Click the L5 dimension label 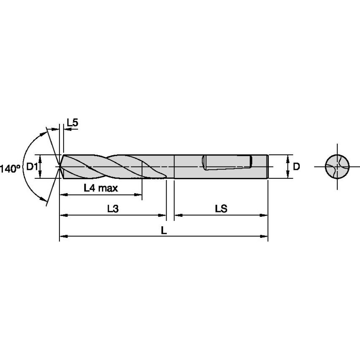coord(73,123)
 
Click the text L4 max coord(101,188)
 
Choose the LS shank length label coord(221,209)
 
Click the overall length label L coord(164,230)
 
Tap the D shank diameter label coord(296,167)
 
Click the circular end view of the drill coord(337,167)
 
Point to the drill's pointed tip coord(60,167)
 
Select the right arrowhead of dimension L coord(265,236)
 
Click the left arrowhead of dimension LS coord(178,215)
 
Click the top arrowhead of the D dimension coord(288,158)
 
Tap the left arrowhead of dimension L coord(63,236)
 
